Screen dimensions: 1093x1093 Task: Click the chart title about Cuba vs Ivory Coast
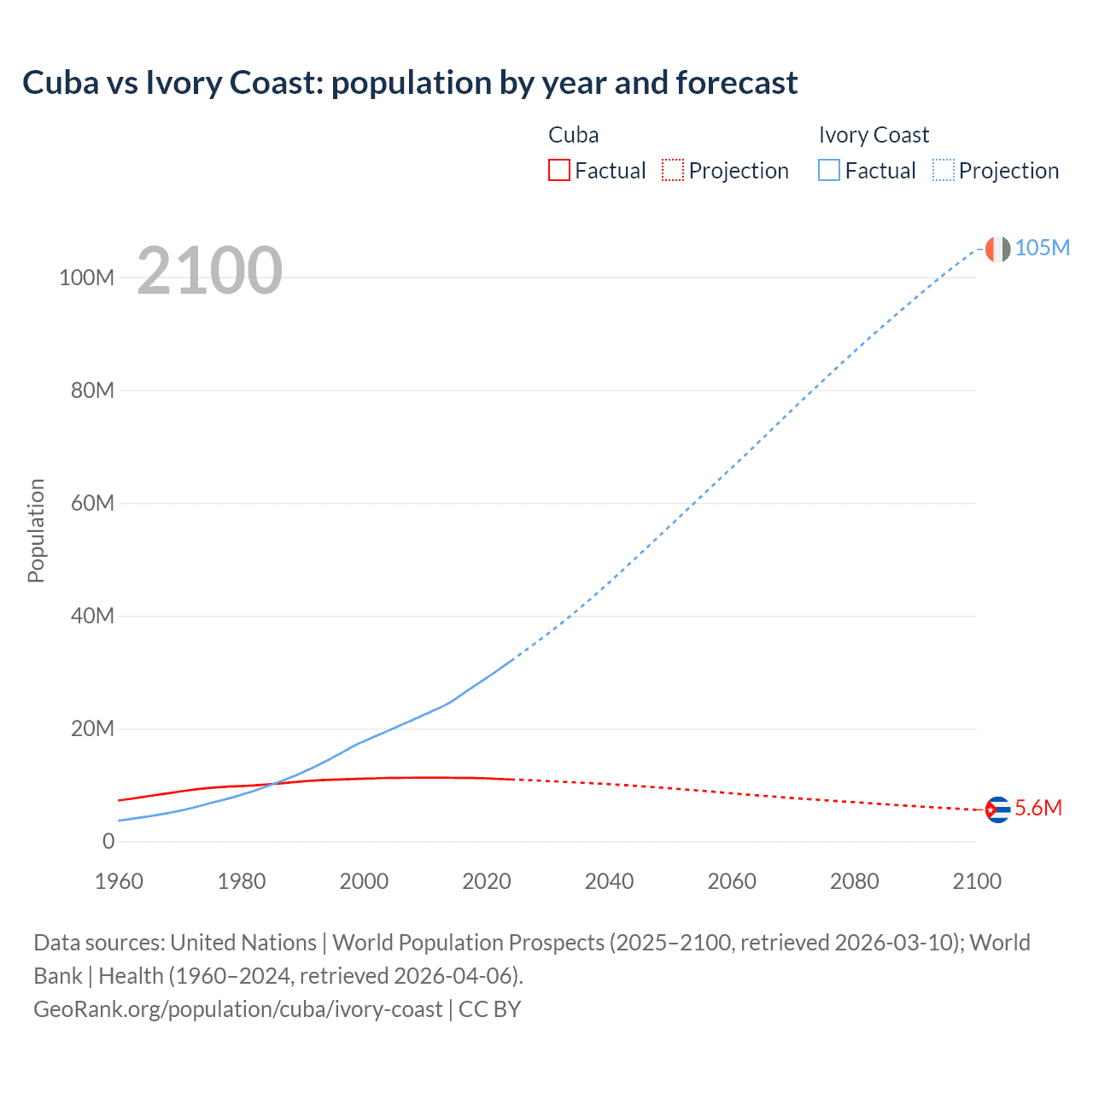(410, 83)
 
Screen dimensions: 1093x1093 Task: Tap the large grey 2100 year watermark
(209, 271)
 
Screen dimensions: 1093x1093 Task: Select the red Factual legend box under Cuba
(558, 171)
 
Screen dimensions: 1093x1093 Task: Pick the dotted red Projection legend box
(673, 171)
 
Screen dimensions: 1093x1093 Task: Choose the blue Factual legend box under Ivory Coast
(828, 171)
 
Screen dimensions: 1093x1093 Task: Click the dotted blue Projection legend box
(944, 171)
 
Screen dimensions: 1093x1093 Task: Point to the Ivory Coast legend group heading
(874, 135)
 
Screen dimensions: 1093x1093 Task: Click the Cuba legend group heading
(573, 135)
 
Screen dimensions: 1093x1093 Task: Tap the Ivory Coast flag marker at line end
(997, 248)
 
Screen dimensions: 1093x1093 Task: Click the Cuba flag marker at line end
(997, 809)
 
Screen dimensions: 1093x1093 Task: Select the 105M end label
(1042, 248)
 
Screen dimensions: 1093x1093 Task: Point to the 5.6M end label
(1038, 809)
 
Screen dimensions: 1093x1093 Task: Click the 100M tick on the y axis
(86, 278)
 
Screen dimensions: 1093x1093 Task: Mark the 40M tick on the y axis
(92, 616)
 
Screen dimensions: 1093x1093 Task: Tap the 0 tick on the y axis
(108, 841)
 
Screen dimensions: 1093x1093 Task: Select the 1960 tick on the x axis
(119, 881)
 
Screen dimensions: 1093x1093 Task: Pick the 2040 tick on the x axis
(609, 881)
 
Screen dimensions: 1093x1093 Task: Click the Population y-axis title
(36, 530)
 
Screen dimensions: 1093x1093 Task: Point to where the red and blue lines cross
(272, 784)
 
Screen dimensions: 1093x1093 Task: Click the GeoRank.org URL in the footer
(237, 1009)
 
